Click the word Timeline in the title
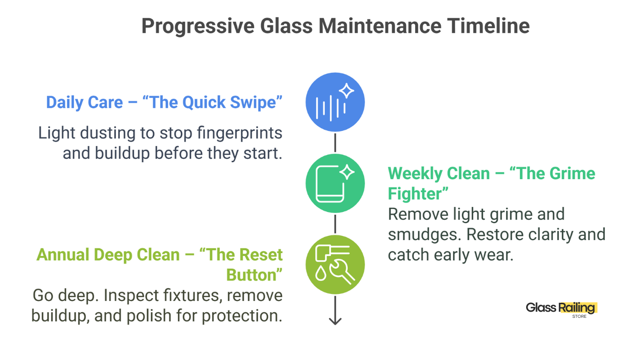(488, 26)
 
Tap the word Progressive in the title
(198, 27)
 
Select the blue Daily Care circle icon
(335, 102)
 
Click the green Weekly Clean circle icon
(335, 183)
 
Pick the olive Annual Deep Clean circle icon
(335, 264)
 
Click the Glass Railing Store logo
(562, 310)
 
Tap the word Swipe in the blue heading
(252, 103)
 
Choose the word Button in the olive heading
(251, 275)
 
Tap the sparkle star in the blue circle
(347, 91)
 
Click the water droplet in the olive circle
(320, 273)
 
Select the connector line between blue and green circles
(335, 142)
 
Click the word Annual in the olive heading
(63, 255)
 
